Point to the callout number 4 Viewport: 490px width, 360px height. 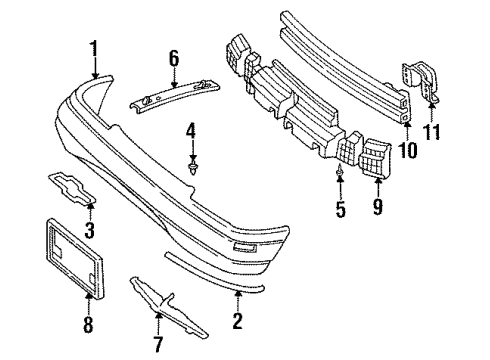[192, 131]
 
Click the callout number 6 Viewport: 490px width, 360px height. [174, 58]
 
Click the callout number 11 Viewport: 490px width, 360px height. [433, 133]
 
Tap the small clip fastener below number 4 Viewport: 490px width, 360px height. [193, 167]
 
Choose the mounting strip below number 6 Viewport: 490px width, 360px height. [175, 93]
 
